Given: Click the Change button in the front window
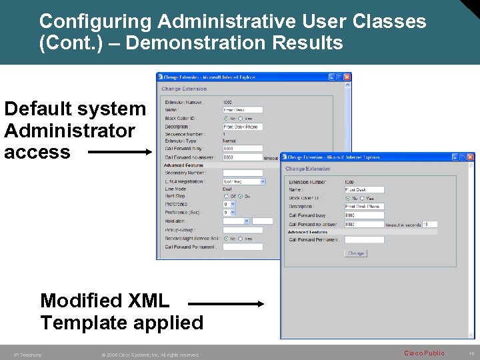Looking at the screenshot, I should [x=356, y=253].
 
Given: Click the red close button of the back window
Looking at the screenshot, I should [x=347, y=77].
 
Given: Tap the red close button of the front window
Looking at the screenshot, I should [x=471, y=157].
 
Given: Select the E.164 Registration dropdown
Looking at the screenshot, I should [x=244, y=181].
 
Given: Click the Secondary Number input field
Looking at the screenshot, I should [x=243, y=173].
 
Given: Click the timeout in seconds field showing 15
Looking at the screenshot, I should [x=430, y=224].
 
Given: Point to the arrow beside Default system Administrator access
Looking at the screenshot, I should [x=120, y=152].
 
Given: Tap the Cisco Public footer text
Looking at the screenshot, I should [x=424, y=353].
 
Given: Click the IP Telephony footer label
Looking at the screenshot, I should [x=28, y=355].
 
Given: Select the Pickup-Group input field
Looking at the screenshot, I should [x=243, y=230].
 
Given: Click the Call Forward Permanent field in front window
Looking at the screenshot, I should [x=364, y=239].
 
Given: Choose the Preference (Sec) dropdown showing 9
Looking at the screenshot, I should [x=229, y=213].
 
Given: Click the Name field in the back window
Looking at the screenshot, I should [x=243, y=110].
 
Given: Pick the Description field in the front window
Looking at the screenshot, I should [x=364, y=207].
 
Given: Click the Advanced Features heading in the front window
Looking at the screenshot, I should [x=307, y=232].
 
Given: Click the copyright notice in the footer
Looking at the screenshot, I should [x=150, y=355].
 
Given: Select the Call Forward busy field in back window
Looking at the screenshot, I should [x=243, y=149].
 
